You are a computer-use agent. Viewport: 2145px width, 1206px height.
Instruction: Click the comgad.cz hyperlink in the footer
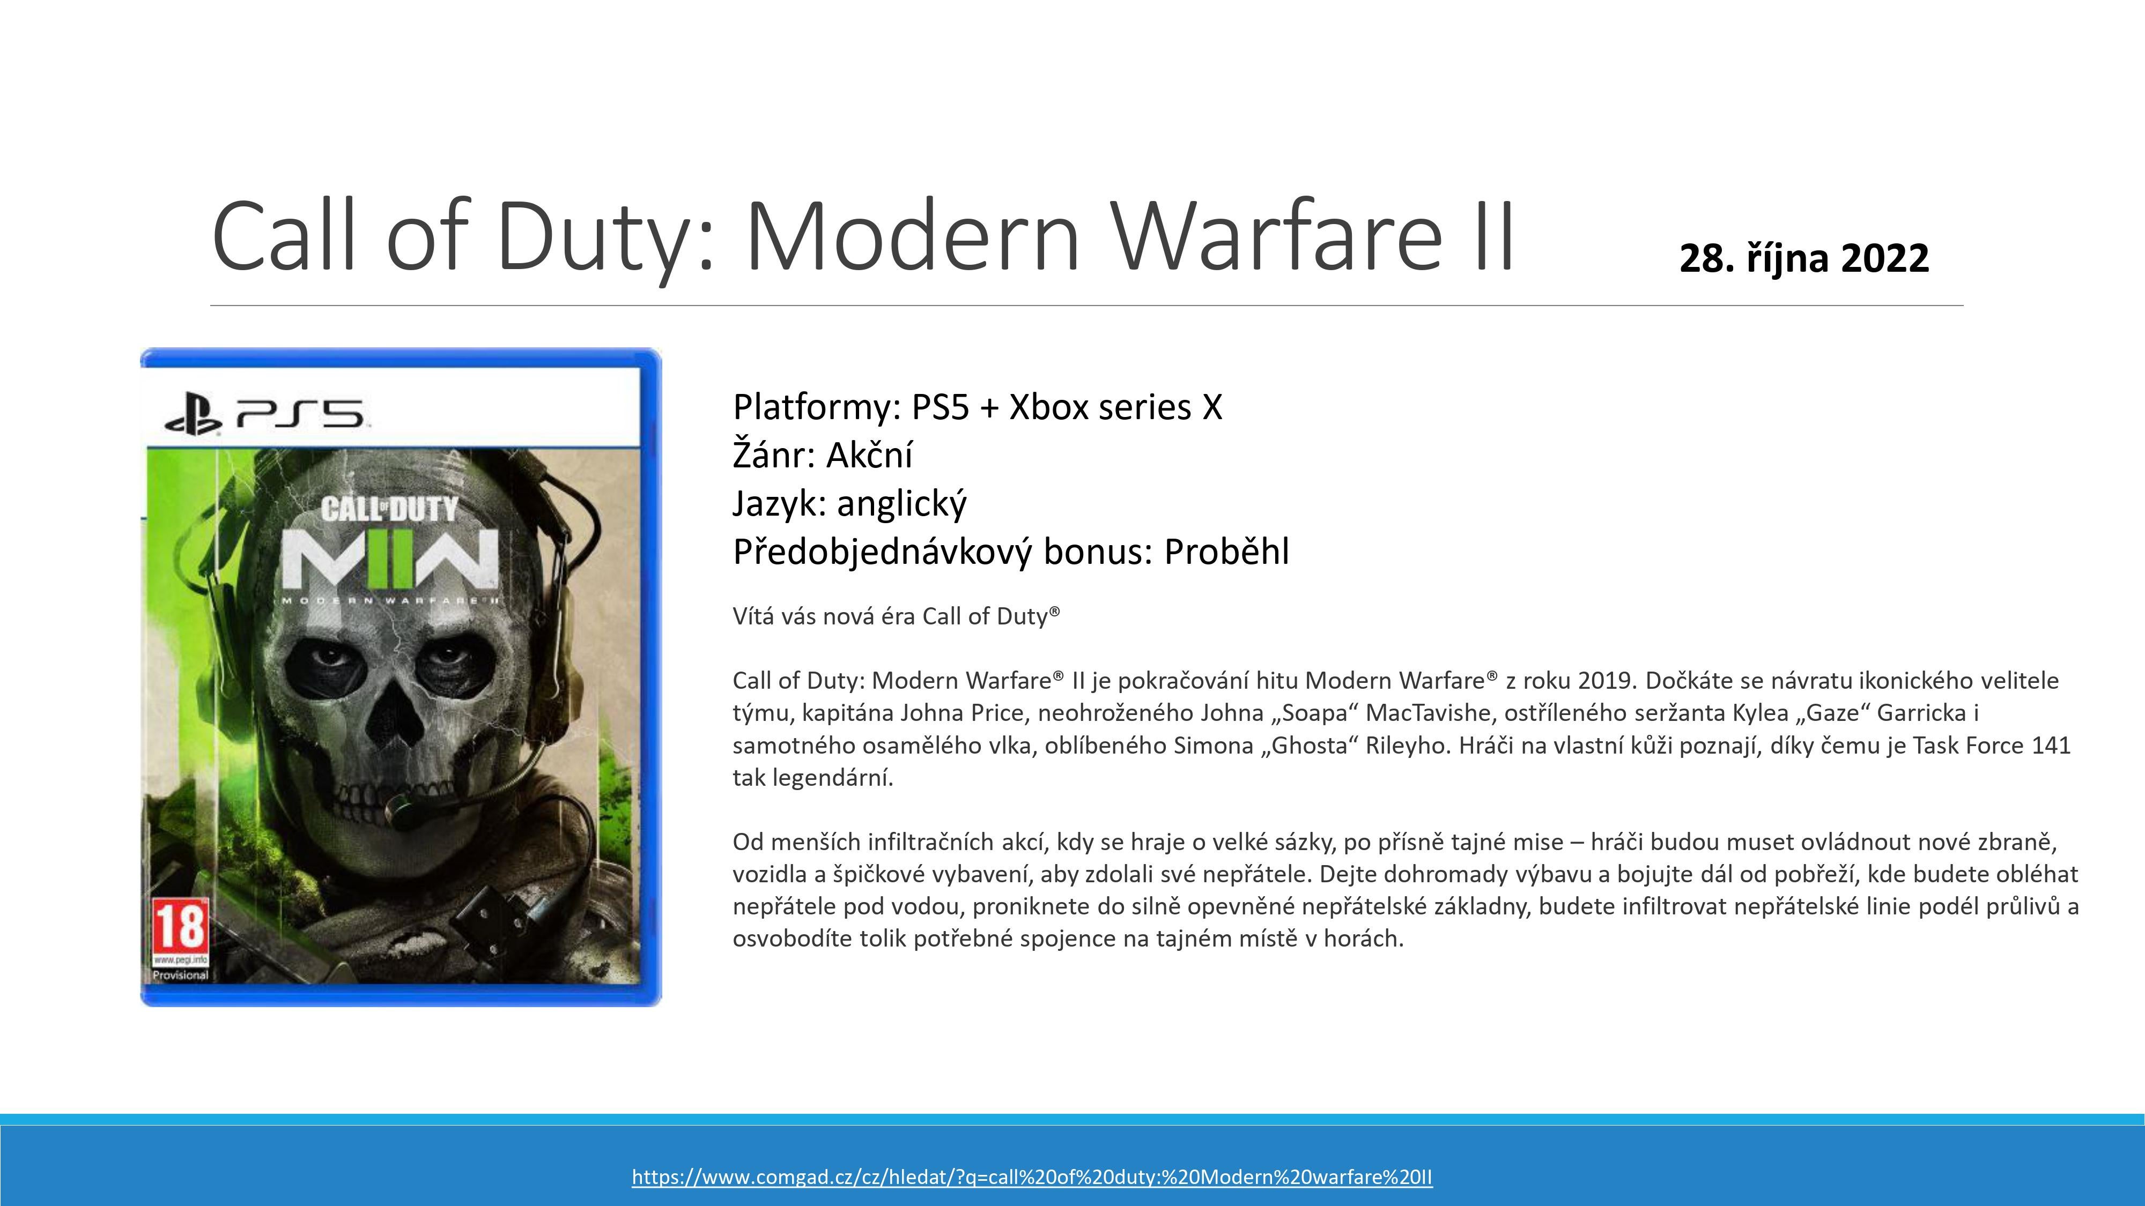tap(1032, 1177)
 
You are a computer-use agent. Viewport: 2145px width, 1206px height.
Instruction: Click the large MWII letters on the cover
tap(390, 557)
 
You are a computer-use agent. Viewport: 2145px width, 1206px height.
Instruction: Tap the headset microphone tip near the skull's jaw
tap(397, 806)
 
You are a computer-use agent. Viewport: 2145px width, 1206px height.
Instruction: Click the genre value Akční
tap(869, 455)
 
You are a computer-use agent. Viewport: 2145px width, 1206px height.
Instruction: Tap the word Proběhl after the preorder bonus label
tap(1226, 552)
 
